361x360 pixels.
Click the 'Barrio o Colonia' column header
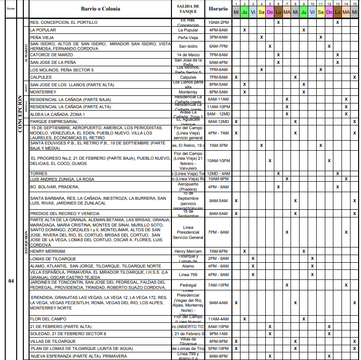point(100,9)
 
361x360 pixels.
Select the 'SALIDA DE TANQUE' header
point(188,9)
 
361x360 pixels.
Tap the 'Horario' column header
point(218,9)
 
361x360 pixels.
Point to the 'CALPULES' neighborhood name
point(40,77)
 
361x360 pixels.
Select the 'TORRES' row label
point(38,174)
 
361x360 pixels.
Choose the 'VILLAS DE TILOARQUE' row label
point(53,341)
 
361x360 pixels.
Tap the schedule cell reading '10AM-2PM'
point(218,22)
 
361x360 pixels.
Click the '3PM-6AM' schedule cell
point(218,37)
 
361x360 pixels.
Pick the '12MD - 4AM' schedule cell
point(218,174)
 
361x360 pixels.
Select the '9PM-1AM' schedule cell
point(218,334)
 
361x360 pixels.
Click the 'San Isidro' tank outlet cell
point(188,46)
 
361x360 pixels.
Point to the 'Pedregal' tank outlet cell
point(188,285)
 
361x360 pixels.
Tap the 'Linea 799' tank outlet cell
point(188,275)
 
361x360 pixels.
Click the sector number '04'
point(11,281)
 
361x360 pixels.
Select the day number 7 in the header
point(287,3)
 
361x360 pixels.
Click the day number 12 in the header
point(329,3)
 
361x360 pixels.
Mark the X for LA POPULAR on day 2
point(244,30)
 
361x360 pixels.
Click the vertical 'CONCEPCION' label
point(20,114)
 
